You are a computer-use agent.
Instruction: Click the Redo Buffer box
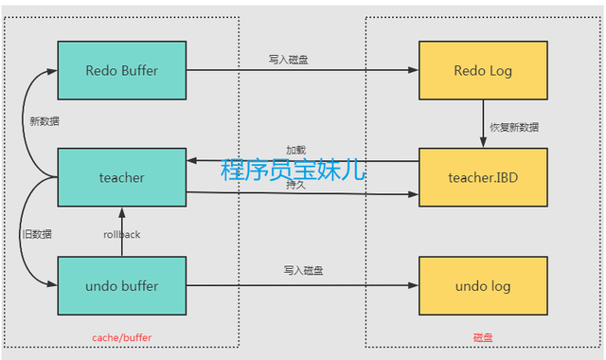coord(121,70)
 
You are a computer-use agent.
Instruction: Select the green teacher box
coord(121,177)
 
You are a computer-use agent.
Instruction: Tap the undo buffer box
coord(121,286)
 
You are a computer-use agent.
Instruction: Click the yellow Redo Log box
coord(483,70)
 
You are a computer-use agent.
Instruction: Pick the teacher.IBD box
coord(483,177)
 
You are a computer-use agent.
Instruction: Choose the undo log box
coord(483,286)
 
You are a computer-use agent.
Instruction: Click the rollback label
coord(121,234)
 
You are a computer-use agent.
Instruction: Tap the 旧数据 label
coord(38,234)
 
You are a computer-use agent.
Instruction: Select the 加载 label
coord(296,151)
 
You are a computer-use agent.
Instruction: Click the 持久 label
coord(296,185)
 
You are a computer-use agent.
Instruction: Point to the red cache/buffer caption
coord(121,337)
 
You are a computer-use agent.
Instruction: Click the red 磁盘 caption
coord(484,337)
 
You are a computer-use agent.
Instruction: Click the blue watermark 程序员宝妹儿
coord(293,171)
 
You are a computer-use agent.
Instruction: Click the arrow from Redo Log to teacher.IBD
coord(483,125)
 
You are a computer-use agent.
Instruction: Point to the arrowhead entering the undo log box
coord(414,286)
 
